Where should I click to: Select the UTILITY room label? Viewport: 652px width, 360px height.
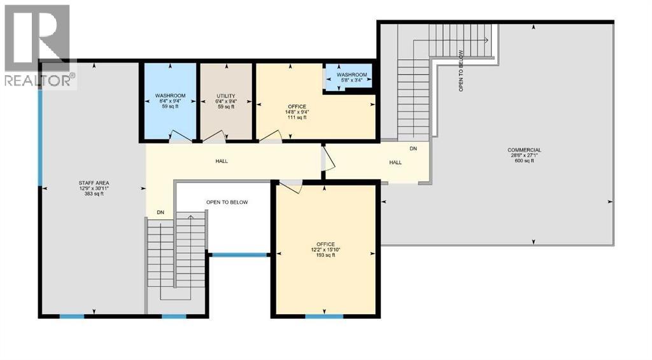(x=226, y=96)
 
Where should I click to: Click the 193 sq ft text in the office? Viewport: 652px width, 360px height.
(x=326, y=256)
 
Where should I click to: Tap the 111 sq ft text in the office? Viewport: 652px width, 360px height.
(x=297, y=117)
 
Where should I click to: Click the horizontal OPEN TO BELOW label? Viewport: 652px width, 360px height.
(x=227, y=203)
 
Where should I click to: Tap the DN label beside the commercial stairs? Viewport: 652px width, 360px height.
(x=413, y=148)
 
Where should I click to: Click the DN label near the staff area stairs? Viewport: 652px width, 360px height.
(x=160, y=212)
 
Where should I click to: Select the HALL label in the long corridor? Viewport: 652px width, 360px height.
(x=222, y=161)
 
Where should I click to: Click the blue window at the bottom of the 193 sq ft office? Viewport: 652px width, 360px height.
(x=324, y=315)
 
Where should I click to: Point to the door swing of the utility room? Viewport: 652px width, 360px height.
(x=214, y=135)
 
